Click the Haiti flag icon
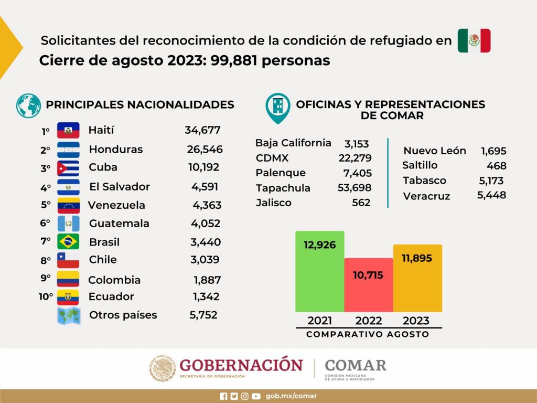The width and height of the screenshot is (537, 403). tap(68, 130)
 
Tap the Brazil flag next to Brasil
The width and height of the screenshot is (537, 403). tap(68, 241)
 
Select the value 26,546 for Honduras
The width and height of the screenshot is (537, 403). tap(205, 150)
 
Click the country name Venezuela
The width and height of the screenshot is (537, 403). tap(116, 205)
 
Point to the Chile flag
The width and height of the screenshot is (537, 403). tap(68, 260)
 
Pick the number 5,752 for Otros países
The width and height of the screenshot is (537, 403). tap(203, 315)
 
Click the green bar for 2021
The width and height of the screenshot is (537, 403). tap(320, 271)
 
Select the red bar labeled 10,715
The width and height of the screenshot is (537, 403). tap(369, 285)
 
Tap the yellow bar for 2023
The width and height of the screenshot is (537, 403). tap(417, 278)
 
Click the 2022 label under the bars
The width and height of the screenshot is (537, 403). tap(369, 321)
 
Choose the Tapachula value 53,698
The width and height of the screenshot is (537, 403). tap(355, 188)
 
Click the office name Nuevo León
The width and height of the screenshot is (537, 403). tap(435, 151)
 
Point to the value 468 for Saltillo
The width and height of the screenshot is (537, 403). tap(497, 166)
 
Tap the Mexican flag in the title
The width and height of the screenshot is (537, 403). tap(474, 40)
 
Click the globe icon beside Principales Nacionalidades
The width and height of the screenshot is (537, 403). tap(28, 106)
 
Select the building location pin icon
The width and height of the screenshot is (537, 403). tap(278, 108)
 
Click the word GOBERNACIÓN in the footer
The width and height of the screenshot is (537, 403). tap(241, 365)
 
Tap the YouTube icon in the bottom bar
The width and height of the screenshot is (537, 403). tap(256, 397)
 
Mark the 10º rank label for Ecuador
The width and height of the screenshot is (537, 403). tap(46, 296)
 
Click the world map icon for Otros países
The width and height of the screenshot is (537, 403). tap(69, 316)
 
